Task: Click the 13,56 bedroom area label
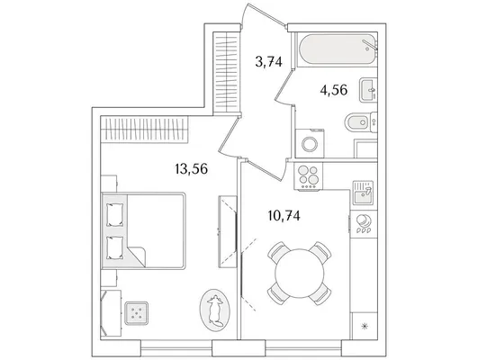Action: point(192,169)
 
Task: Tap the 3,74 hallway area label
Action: point(268,62)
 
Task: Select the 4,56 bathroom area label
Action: point(334,90)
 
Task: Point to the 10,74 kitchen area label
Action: point(284,216)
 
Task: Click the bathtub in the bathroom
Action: point(338,49)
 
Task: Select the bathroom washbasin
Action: point(368,90)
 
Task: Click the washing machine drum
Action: point(310,144)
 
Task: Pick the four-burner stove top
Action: point(308,176)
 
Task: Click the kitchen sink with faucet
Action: point(363,193)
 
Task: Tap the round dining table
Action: point(300,273)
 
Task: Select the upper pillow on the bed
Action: point(115,215)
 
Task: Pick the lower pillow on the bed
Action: point(115,247)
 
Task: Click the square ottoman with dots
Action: point(136,313)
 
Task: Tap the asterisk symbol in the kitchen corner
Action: point(364,327)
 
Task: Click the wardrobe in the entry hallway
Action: point(225,72)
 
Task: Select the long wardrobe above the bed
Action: point(144,130)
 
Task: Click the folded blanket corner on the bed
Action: point(137,256)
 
